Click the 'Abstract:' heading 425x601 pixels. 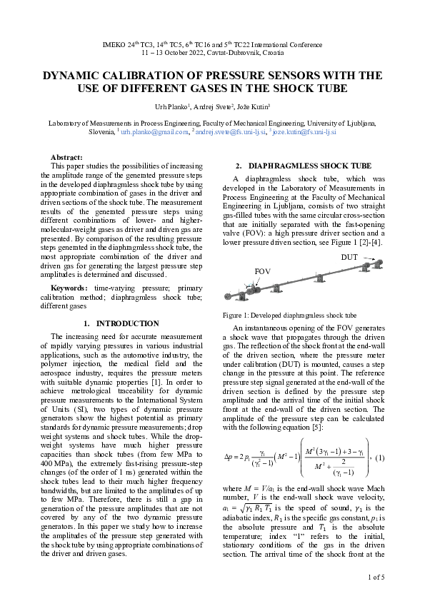coord(66,157)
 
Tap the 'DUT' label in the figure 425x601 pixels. coord(349,257)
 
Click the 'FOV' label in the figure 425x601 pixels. coord(264,272)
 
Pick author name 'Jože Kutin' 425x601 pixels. coord(257,106)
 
